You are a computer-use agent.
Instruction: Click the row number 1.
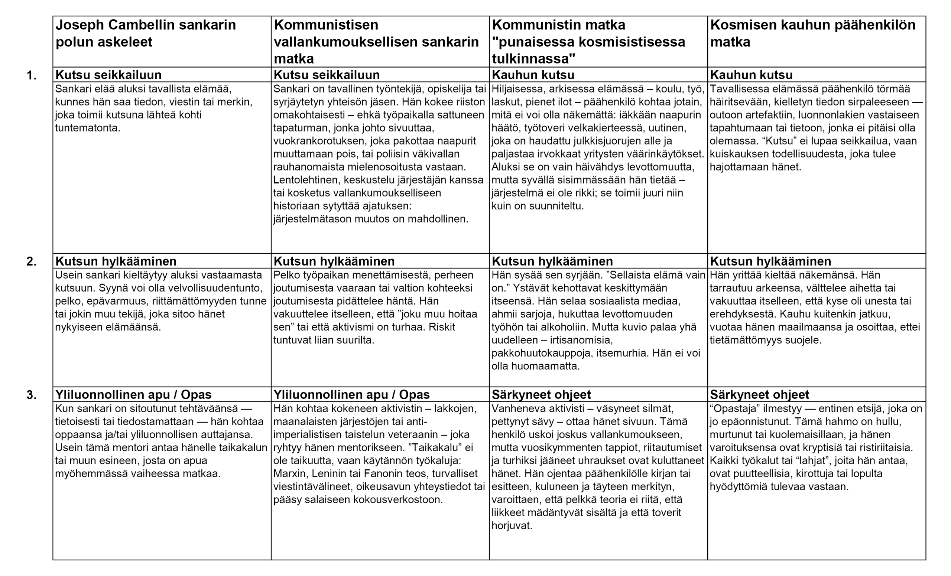(31, 75)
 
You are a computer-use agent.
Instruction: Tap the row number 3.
(31, 395)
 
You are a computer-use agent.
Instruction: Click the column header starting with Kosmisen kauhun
(812, 33)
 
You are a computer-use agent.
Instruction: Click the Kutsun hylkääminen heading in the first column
(116, 261)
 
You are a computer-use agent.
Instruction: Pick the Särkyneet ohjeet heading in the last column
(759, 395)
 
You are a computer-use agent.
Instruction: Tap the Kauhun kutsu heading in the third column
(533, 75)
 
